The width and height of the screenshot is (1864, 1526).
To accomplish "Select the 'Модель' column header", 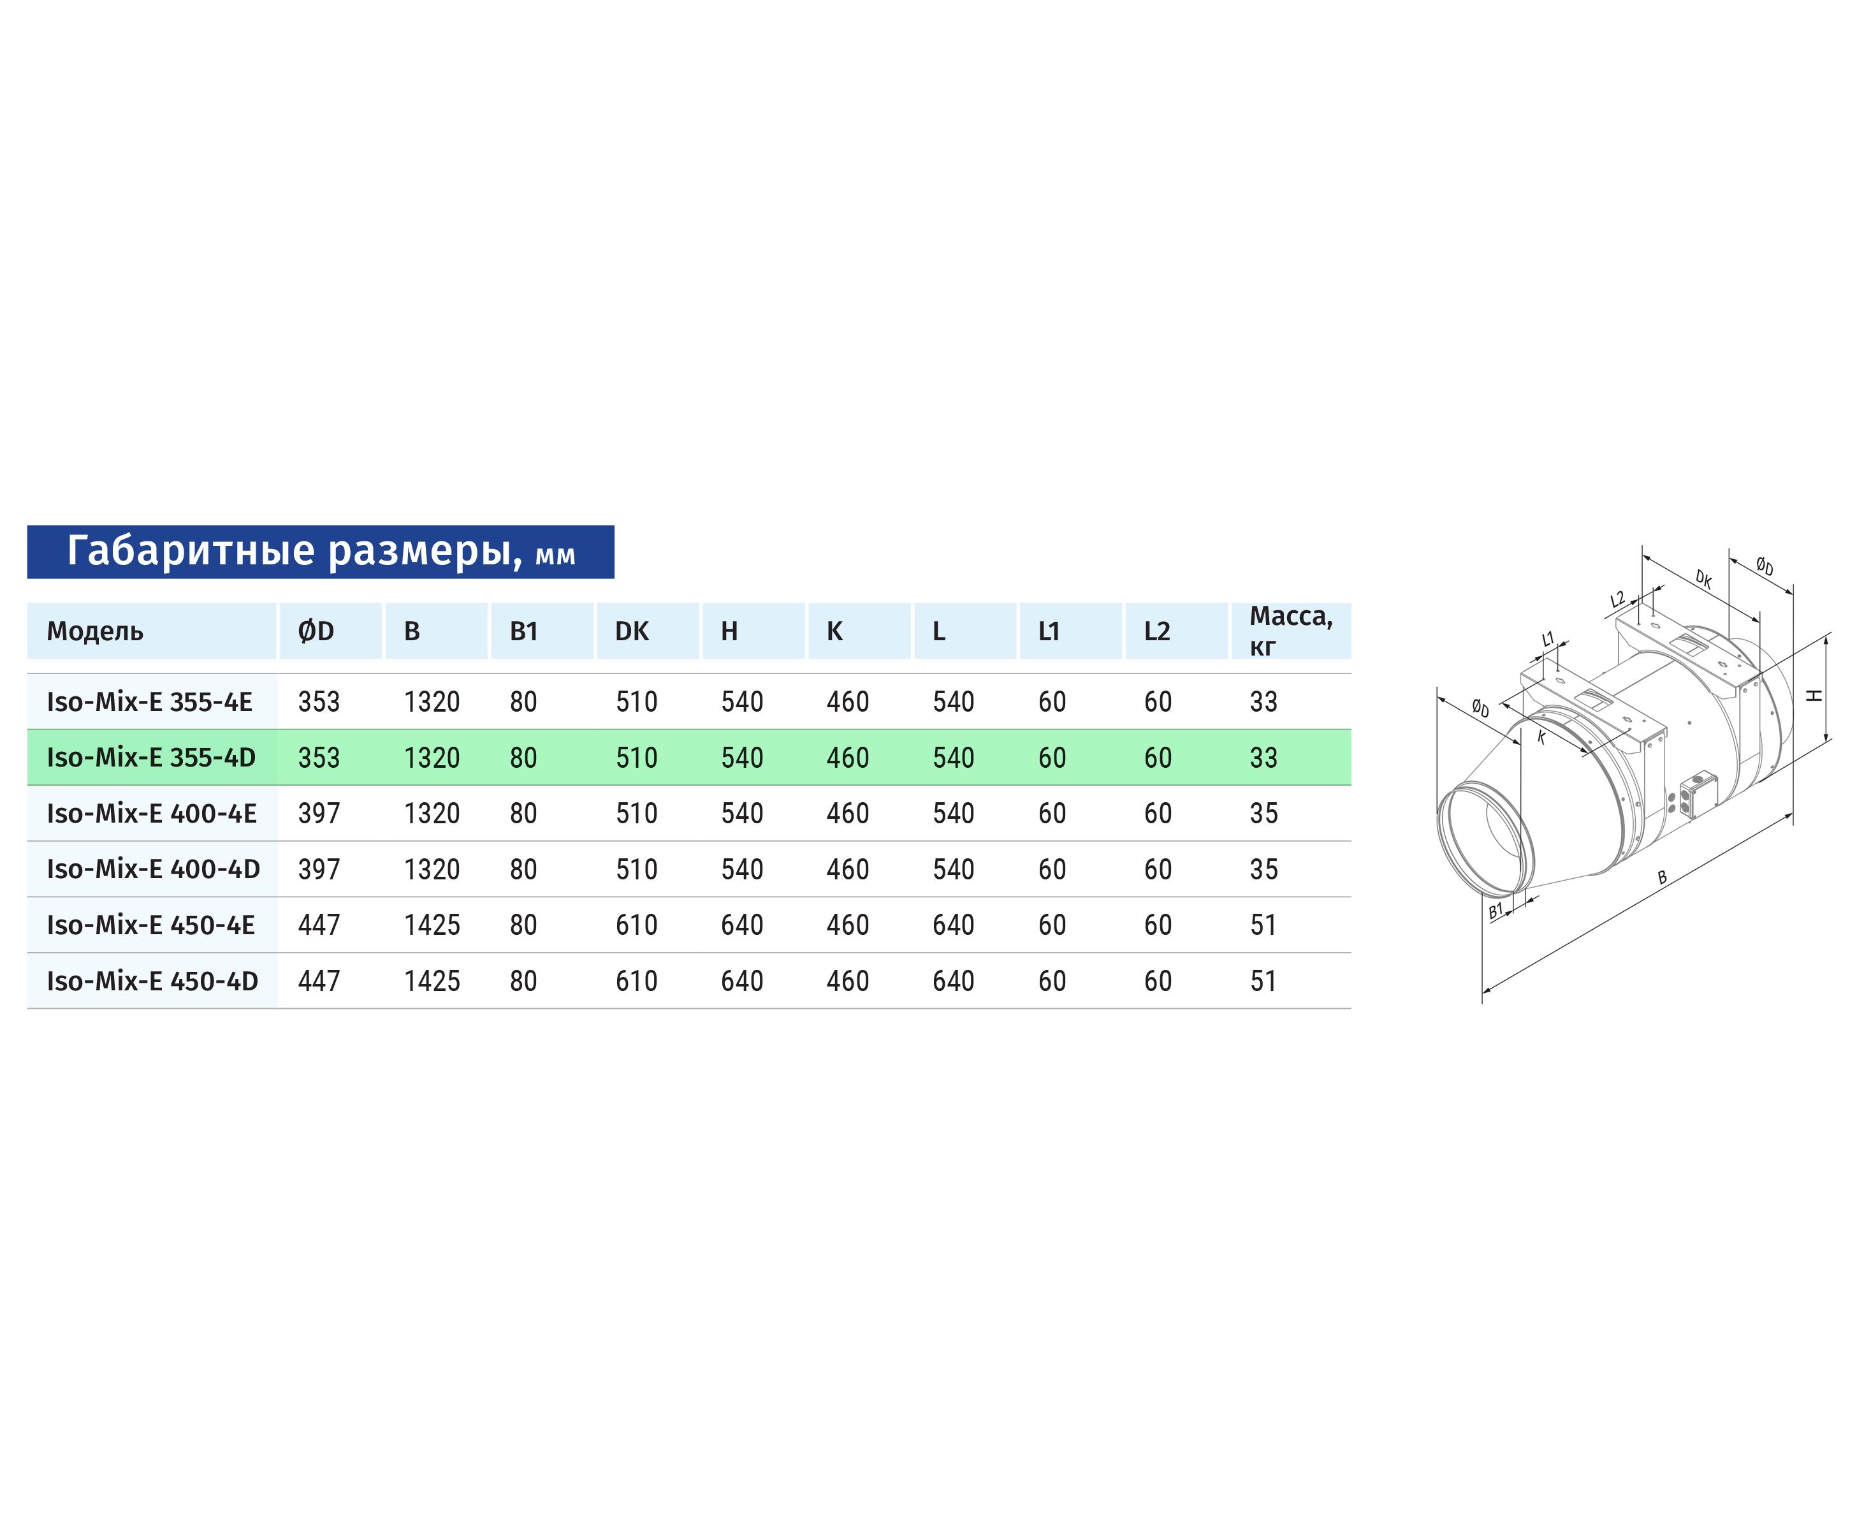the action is click(95, 631).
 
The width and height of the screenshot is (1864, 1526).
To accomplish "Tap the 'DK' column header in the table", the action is click(632, 631).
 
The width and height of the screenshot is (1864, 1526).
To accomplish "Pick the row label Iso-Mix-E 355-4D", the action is click(151, 758).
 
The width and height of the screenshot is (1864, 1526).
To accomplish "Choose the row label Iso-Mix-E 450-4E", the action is click(151, 925).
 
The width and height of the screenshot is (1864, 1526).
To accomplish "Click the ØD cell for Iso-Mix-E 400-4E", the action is click(319, 813).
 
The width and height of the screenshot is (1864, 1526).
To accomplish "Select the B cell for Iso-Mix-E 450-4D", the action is click(432, 981).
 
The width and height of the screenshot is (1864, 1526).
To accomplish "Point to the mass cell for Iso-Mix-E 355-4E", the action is click(1263, 701).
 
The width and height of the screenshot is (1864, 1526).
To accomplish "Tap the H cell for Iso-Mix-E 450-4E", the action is click(742, 925).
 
